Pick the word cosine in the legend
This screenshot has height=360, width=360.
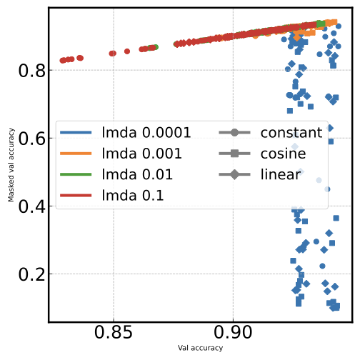(x=283, y=154)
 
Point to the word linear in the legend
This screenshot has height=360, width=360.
(x=280, y=175)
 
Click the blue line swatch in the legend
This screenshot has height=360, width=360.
(x=75, y=132)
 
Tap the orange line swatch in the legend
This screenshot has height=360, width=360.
(x=75, y=154)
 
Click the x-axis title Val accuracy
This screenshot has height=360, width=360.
(x=200, y=349)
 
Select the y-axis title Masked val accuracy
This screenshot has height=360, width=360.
(x=11, y=164)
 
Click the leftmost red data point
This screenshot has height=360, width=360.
(x=63, y=61)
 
